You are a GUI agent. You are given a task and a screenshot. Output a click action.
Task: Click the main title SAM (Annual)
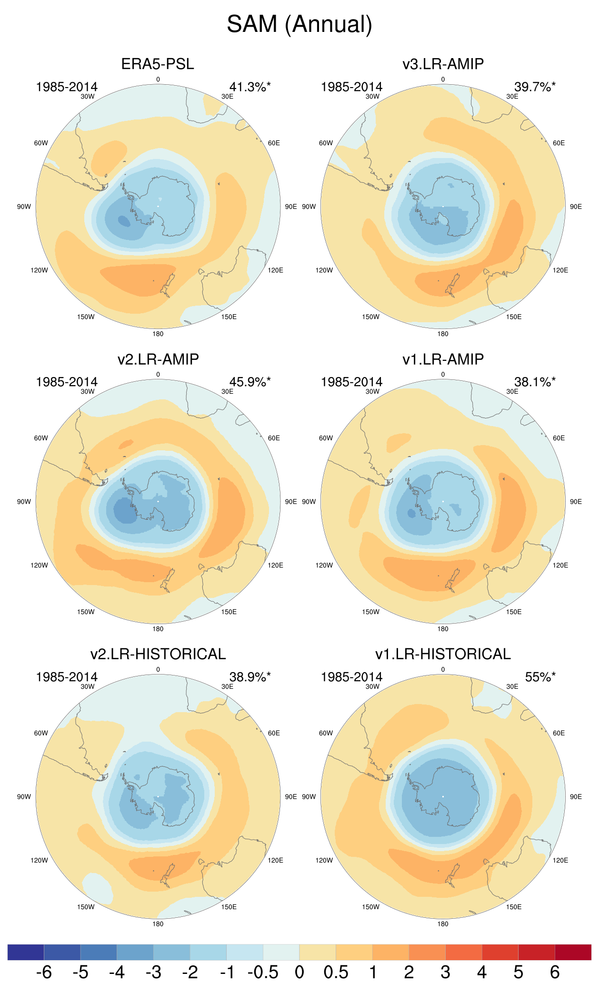(x=299, y=24)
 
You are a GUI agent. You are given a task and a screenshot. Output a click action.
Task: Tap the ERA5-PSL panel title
(x=158, y=64)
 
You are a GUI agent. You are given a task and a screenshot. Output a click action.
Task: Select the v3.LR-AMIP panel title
(x=443, y=64)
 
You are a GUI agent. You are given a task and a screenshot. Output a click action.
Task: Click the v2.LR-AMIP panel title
(x=158, y=359)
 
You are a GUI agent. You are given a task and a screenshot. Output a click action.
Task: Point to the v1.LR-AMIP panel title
(x=443, y=359)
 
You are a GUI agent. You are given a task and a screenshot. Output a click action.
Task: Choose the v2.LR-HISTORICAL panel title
(x=158, y=654)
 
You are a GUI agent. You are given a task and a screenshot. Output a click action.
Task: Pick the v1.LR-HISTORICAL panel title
(x=443, y=654)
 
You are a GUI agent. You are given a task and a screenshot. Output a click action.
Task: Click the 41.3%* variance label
(x=250, y=87)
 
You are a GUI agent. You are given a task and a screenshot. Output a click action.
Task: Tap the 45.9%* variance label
(x=250, y=382)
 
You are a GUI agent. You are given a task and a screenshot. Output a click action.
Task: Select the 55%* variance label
(x=540, y=677)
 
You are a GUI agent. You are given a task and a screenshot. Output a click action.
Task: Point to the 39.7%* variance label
(x=534, y=87)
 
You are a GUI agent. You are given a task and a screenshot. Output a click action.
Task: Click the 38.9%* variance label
(x=250, y=677)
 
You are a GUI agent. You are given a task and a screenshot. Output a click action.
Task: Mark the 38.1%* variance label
(x=534, y=382)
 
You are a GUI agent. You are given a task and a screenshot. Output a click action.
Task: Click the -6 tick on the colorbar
(x=44, y=972)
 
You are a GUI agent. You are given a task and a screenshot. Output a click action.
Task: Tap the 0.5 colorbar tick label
(x=336, y=972)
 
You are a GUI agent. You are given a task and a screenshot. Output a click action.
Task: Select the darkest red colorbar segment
(x=573, y=952)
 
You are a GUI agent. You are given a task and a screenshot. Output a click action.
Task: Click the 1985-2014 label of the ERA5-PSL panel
(x=67, y=87)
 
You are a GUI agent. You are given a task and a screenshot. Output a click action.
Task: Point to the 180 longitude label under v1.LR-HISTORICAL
(x=443, y=924)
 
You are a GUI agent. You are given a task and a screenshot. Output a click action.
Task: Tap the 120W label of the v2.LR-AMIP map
(x=39, y=566)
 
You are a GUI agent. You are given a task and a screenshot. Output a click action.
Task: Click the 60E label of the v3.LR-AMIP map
(x=559, y=143)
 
